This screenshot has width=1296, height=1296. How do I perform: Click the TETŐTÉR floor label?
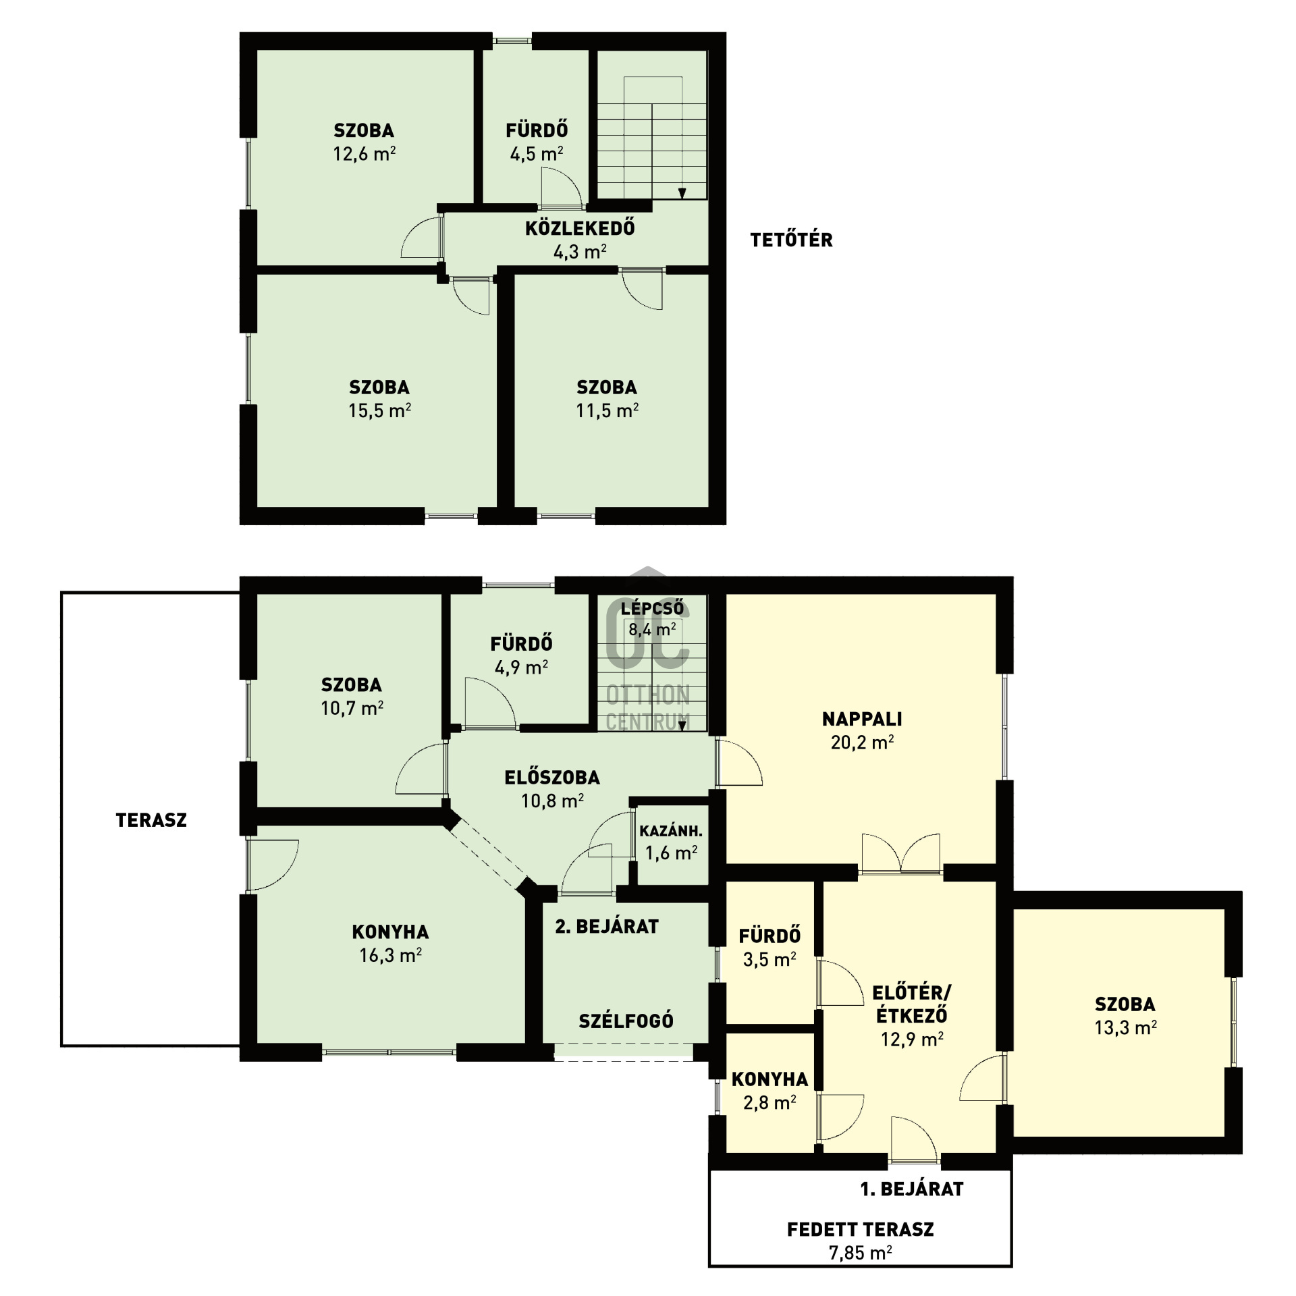[x=791, y=240]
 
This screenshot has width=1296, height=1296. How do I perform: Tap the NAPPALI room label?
[x=862, y=719]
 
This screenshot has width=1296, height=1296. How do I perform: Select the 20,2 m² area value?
[x=862, y=742]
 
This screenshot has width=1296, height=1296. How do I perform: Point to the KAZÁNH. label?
[x=671, y=831]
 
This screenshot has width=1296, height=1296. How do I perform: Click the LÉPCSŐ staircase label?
[x=652, y=608]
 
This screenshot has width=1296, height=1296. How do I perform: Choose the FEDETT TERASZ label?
[x=860, y=1229]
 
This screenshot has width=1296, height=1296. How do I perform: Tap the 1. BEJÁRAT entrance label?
[x=911, y=1189]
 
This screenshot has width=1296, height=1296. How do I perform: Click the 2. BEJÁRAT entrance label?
[x=607, y=927]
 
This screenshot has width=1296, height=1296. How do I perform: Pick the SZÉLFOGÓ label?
[x=626, y=1021]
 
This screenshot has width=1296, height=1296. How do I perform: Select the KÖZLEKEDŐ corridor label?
[x=580, y=228]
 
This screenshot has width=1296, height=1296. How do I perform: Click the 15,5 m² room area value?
[x=379, y=410]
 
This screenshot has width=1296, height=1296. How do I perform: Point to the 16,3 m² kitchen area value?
[x=391, y=955]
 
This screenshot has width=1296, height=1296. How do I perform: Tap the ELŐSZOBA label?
[x=552, y=778]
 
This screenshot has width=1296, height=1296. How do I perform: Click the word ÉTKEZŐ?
[x=911, y=1015]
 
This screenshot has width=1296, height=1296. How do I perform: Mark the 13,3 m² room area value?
[x=1125, y=1028]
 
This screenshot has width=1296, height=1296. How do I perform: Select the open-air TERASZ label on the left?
[x=151, y=820]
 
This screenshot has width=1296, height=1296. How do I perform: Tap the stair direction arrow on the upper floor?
[x=682, y=193]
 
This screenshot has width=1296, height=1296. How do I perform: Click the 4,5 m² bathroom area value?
[x=537, y=154]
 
